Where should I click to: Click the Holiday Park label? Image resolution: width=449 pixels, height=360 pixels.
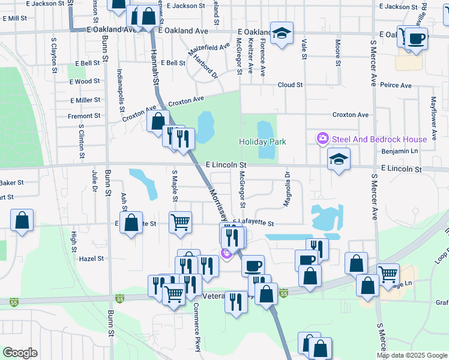coord(262,142)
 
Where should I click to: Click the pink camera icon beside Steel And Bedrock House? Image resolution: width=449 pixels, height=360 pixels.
coord(323,139)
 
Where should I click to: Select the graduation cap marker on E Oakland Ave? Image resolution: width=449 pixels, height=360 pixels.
coord(281,34)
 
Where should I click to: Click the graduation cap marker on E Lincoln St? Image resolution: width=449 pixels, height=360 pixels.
coord(339,160)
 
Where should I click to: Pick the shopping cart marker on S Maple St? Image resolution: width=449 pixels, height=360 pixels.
coord(180,223)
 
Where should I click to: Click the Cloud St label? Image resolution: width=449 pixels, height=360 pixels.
coord(290,85)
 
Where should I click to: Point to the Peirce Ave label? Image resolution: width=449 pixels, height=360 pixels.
coord(396,86)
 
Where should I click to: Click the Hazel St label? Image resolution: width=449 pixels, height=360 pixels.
coord(92,259)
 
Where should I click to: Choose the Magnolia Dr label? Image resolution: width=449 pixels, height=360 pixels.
coord(287,189)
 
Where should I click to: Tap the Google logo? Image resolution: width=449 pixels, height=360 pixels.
coord(20,353)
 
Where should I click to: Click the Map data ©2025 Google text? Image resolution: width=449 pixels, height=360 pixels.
coord(412,355)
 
